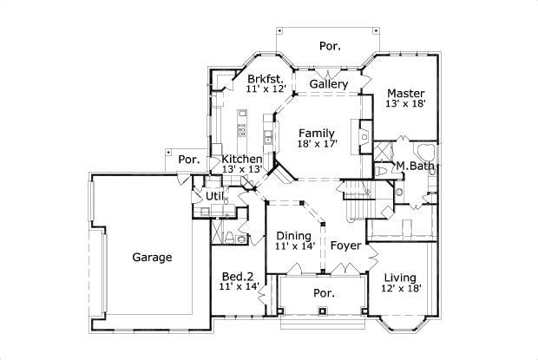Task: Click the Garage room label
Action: point(152,258)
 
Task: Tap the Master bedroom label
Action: point(405,93)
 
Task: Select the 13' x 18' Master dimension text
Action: point(405,104)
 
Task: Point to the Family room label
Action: point(317,133)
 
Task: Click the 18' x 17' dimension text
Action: point(317,144)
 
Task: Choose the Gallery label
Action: point(329,85)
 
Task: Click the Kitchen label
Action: point(241,160)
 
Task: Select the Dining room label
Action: point(293,235)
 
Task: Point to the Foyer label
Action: point(345,245)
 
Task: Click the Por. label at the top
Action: point(329,45)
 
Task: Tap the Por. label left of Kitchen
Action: point(189,160)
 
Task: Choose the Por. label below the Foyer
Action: point(325,293)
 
